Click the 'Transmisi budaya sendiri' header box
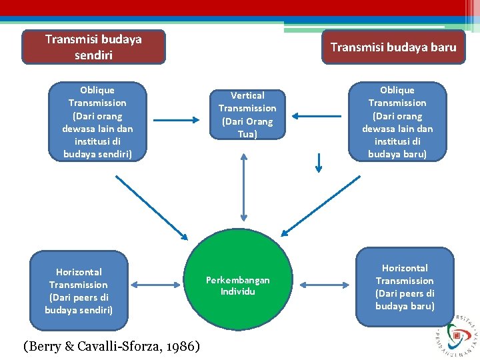coord(93,47)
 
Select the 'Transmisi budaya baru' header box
coord(393,47)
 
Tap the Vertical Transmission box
coord(247,115)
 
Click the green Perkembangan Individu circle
coord(238,285)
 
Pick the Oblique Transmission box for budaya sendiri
coord(97,121)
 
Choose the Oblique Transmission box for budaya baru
coord(397,121)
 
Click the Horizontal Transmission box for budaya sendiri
coord(79,291)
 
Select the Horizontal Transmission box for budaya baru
coord(405,287)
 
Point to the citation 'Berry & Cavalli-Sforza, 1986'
coord(111,346)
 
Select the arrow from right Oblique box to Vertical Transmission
coord(316,116)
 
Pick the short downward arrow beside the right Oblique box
coord(319,162)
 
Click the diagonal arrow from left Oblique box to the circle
coord(152,207)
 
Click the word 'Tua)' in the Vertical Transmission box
coord(247,134)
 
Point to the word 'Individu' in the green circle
coord(238,291)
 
